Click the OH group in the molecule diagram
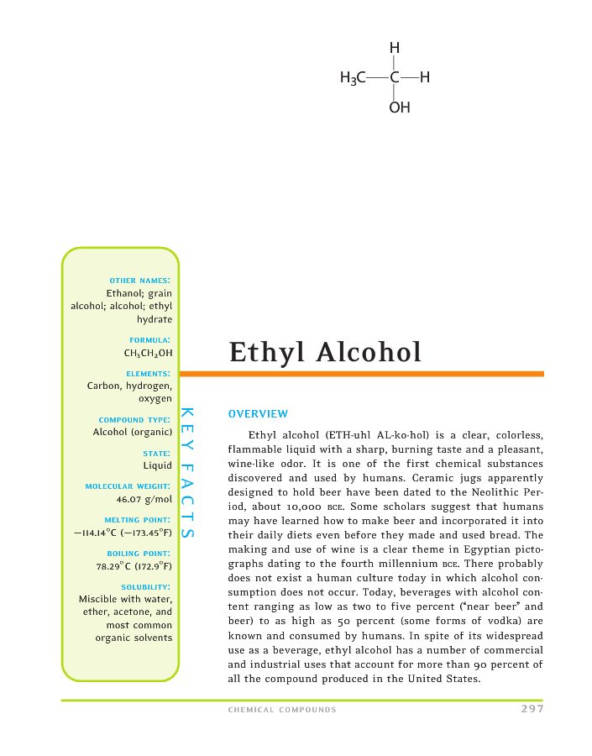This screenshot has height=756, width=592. point(400,108)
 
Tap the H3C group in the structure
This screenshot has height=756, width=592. point(352,79)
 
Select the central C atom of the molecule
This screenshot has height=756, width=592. point(394,79)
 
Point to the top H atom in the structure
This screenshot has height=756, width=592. point(395,49)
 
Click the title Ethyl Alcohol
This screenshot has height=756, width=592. point(325,352)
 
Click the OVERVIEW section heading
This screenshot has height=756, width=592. point(258,414)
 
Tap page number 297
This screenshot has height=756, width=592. point(532,709)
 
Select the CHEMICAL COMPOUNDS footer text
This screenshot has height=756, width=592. point(282,710)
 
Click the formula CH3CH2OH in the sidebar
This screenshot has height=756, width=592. point(149,353)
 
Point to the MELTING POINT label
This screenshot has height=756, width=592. point(138,520)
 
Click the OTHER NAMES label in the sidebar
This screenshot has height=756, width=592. point(140,280)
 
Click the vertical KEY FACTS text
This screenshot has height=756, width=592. point(187,474)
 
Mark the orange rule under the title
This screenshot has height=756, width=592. point(361,374)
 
